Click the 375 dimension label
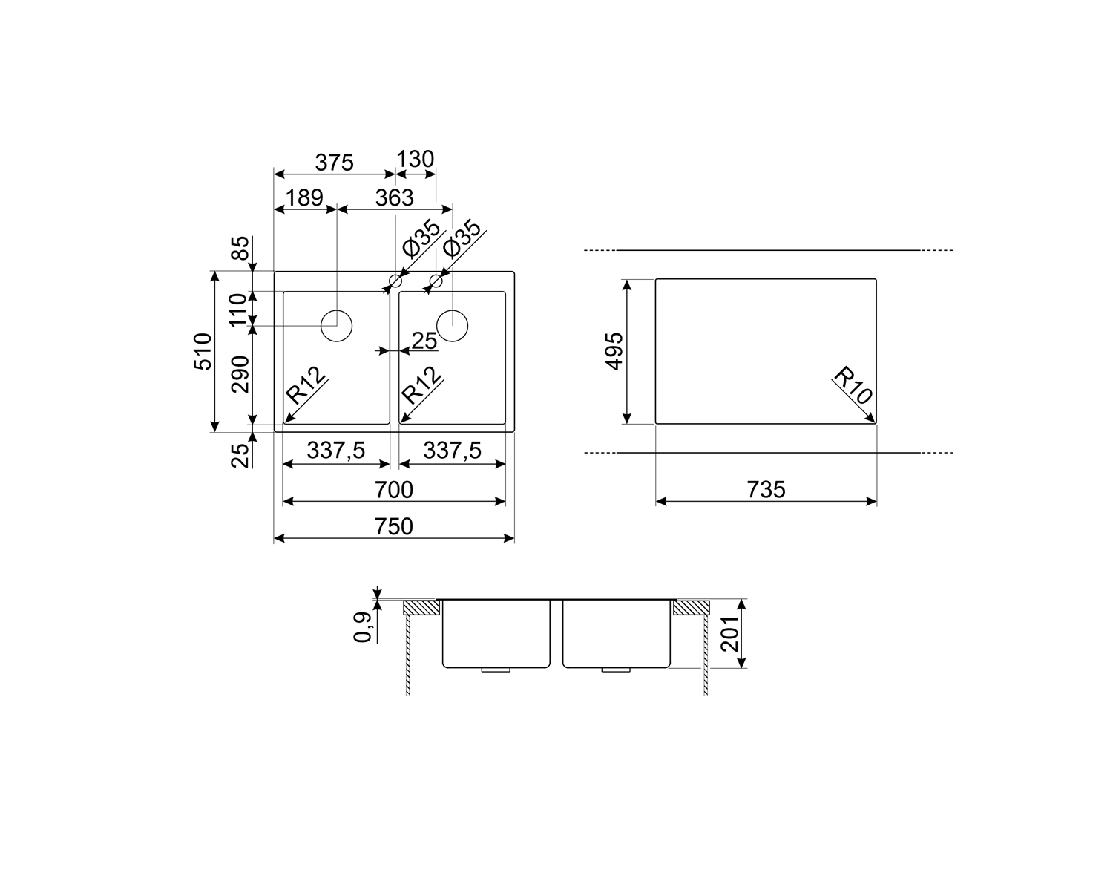click(x=334, y=163)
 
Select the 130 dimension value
click(x=416, y=159)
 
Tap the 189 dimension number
click(x=305, y=197)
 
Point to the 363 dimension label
click(x=395, y=197)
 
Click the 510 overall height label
click(x=203, y=351)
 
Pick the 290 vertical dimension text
click(x=240, y=374)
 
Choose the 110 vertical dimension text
click(x=238, y=310)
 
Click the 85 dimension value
click(x=240, y=249)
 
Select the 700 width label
click(x=394, y=489)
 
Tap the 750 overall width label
click(x=394, y=526)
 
